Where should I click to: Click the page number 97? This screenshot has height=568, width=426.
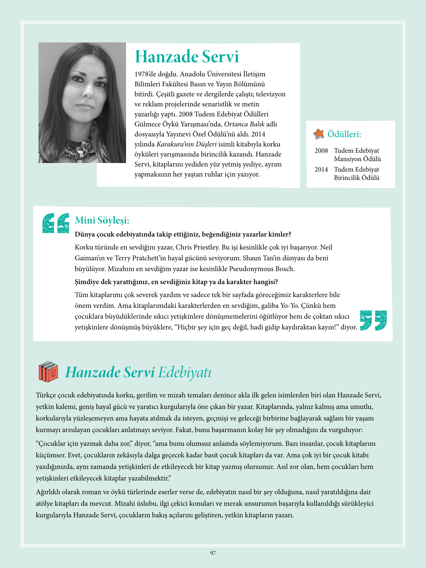pos(213,553)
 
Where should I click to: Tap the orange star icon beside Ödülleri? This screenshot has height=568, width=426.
pos(319,134)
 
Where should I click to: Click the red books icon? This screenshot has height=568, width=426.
pos(48,372)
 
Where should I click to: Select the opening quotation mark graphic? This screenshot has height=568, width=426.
pos(56,223)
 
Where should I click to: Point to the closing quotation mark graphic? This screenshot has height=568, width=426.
pos(373,320)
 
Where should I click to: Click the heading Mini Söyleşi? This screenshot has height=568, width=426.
pos(102,220)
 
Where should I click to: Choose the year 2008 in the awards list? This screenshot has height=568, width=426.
pos(321,151)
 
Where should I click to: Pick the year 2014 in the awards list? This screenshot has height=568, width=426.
pos(321,170)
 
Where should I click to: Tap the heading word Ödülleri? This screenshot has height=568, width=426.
pos(344,134)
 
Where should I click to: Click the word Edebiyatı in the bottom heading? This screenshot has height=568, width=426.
pos(185,372)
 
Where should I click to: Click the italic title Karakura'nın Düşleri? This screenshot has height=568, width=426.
pos(187,144)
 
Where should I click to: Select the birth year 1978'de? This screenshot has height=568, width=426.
pos(145,74)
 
